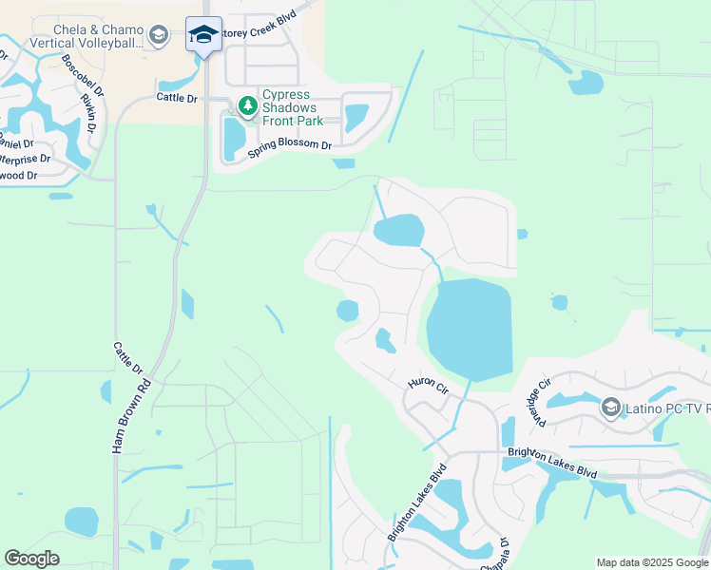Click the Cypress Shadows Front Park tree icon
coord(248,105)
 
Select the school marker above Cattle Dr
coord(203,35)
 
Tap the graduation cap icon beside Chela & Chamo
coord(159,36)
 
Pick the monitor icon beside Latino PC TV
coord(611,408)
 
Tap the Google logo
coord(32,559)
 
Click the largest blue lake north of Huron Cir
coord(470,330)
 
